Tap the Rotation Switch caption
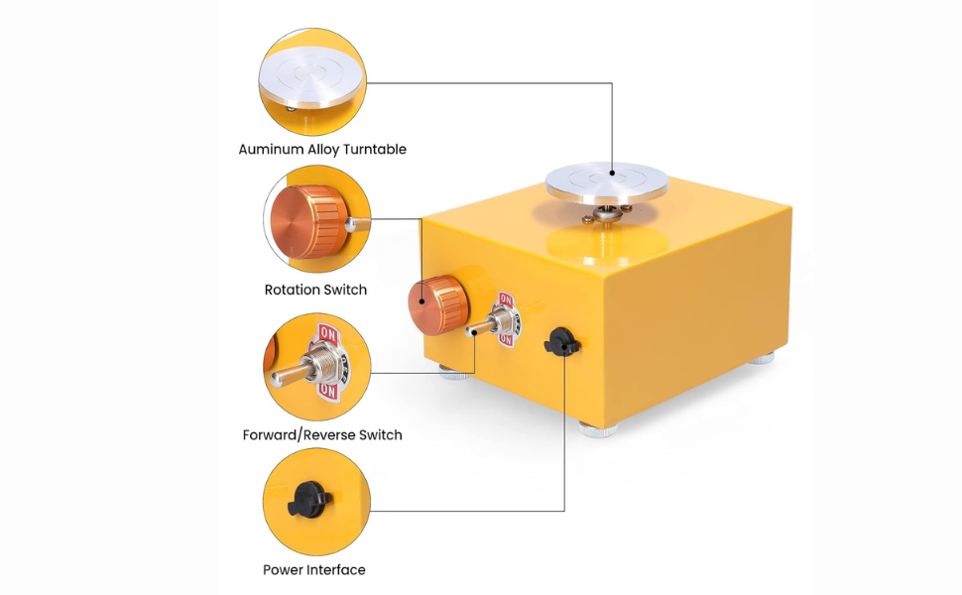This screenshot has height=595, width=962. click(x=315, y=291)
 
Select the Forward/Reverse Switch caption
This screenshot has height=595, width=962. click(x=322, y=434)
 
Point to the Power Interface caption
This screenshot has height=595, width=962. click(x=313, y=570)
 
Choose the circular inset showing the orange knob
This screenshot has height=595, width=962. click(x=315, y=220)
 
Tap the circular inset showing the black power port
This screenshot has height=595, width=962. click(x=315, y=502)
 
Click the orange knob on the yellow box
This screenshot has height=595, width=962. click(x=437, y=305)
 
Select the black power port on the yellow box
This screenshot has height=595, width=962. click(x=559, y=342)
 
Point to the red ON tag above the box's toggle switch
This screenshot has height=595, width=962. click(x=506, y=301)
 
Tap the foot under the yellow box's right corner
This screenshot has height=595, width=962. click(x=761, y=357)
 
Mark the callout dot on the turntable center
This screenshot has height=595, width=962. click(x=612, y=180)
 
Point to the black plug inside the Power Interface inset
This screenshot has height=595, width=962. click(x=308, y=502)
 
